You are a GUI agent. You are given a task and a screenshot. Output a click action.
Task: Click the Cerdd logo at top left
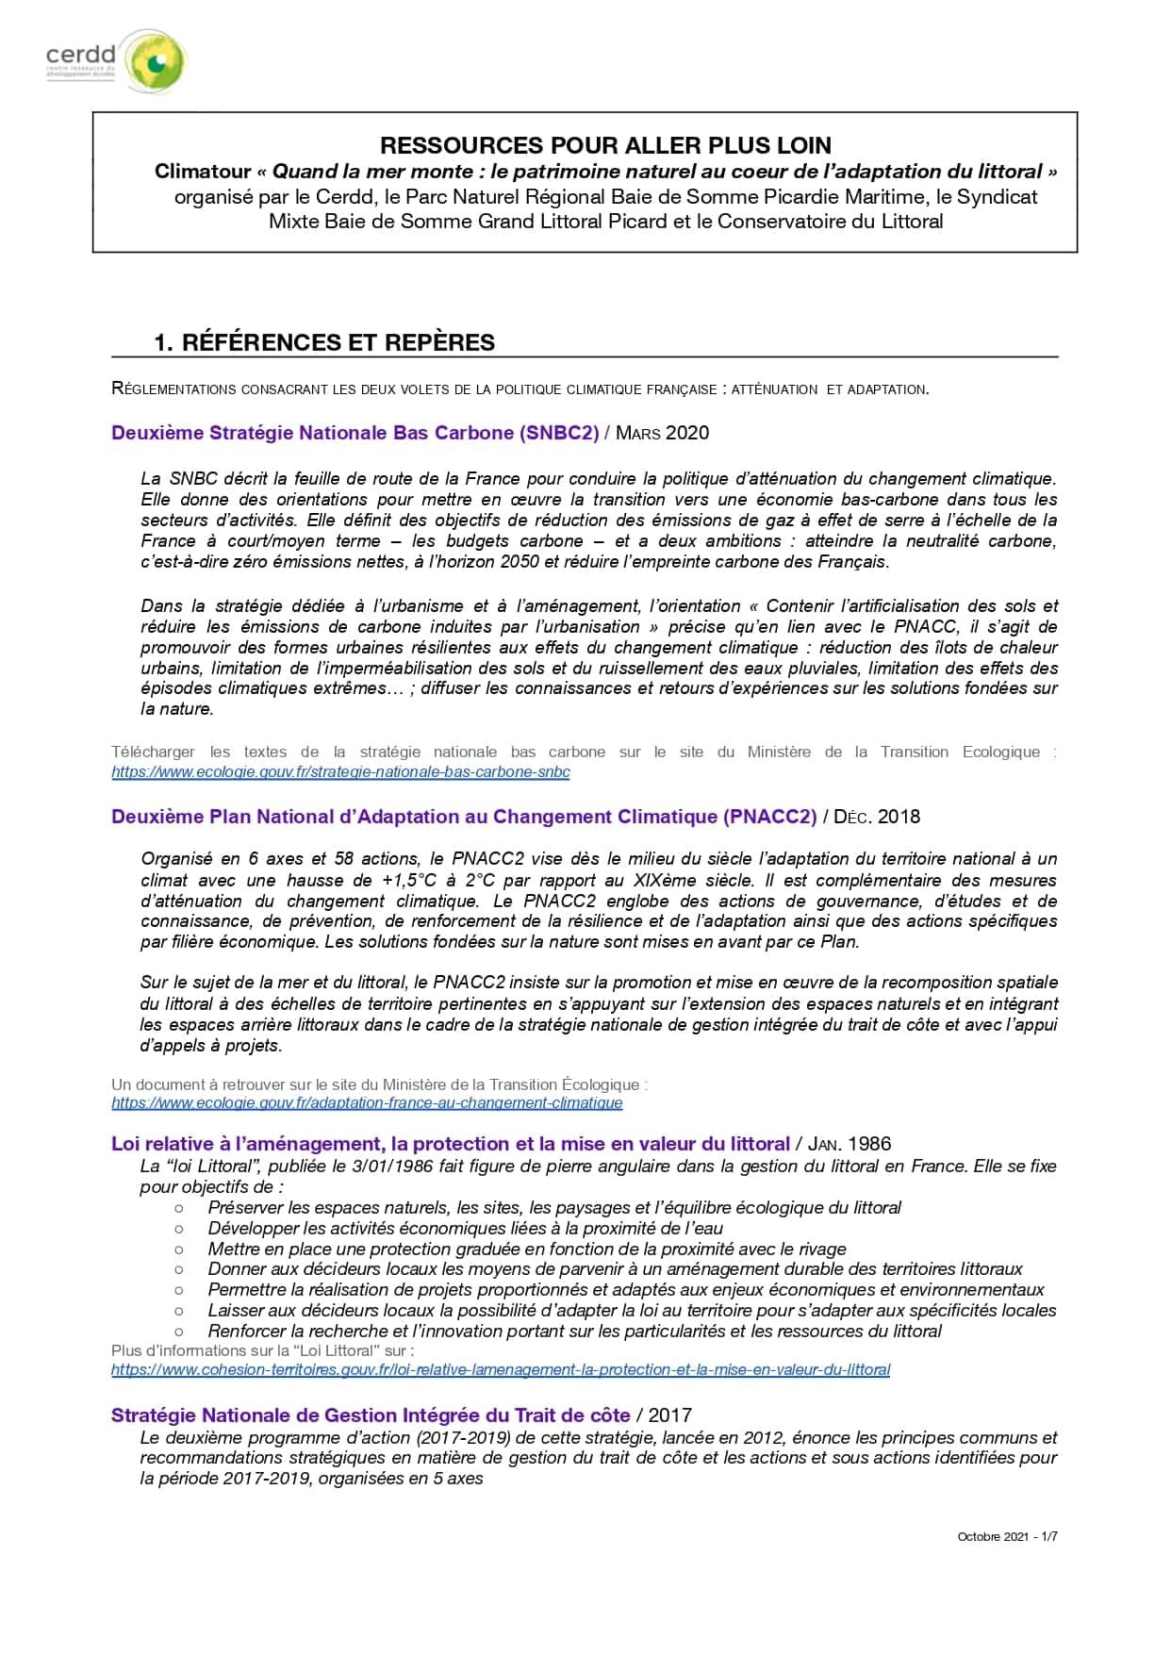click(116, 61)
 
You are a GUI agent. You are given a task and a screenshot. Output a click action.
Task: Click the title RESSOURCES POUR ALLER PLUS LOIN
click(605, 146)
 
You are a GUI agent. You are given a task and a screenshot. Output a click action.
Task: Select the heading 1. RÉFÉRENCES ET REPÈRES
click(324, 342)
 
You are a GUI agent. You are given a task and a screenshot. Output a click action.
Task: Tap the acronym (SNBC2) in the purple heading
click(559, 433)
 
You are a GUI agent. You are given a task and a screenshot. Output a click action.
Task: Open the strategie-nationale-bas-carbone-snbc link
click(340, 771)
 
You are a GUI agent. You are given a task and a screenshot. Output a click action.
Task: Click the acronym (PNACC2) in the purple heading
click(770, 817)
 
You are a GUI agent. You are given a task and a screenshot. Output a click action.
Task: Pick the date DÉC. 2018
click(877, 817)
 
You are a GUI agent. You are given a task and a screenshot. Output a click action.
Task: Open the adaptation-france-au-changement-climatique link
click(367, 1102)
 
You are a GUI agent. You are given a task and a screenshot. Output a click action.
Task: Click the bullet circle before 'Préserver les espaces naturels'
click(179, 1208)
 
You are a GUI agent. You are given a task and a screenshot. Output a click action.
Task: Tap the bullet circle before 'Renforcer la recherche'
click(179, 1332)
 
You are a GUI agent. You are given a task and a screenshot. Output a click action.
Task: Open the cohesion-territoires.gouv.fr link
click(501, 1369)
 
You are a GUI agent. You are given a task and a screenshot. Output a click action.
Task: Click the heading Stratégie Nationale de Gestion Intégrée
click(371, 1415)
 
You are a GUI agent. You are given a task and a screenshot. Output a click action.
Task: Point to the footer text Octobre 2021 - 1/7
click(1007, 1536)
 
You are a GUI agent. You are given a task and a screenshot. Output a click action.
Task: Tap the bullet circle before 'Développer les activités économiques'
click(179, 1229)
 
